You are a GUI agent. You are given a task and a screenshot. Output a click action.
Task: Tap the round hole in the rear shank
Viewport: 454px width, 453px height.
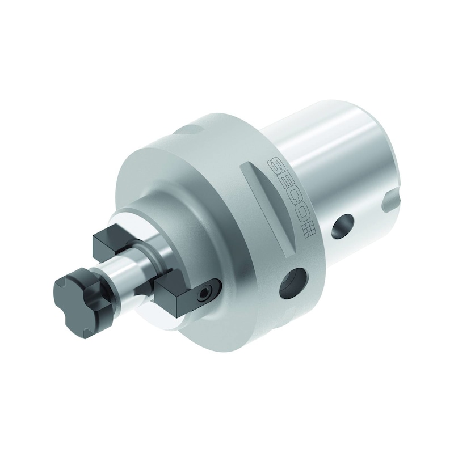(x=342, y=226)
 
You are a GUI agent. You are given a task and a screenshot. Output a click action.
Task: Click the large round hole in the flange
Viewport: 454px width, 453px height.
(x=292, y=283)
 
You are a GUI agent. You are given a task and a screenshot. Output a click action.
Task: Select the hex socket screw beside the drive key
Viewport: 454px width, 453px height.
(x=204, y=294)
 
